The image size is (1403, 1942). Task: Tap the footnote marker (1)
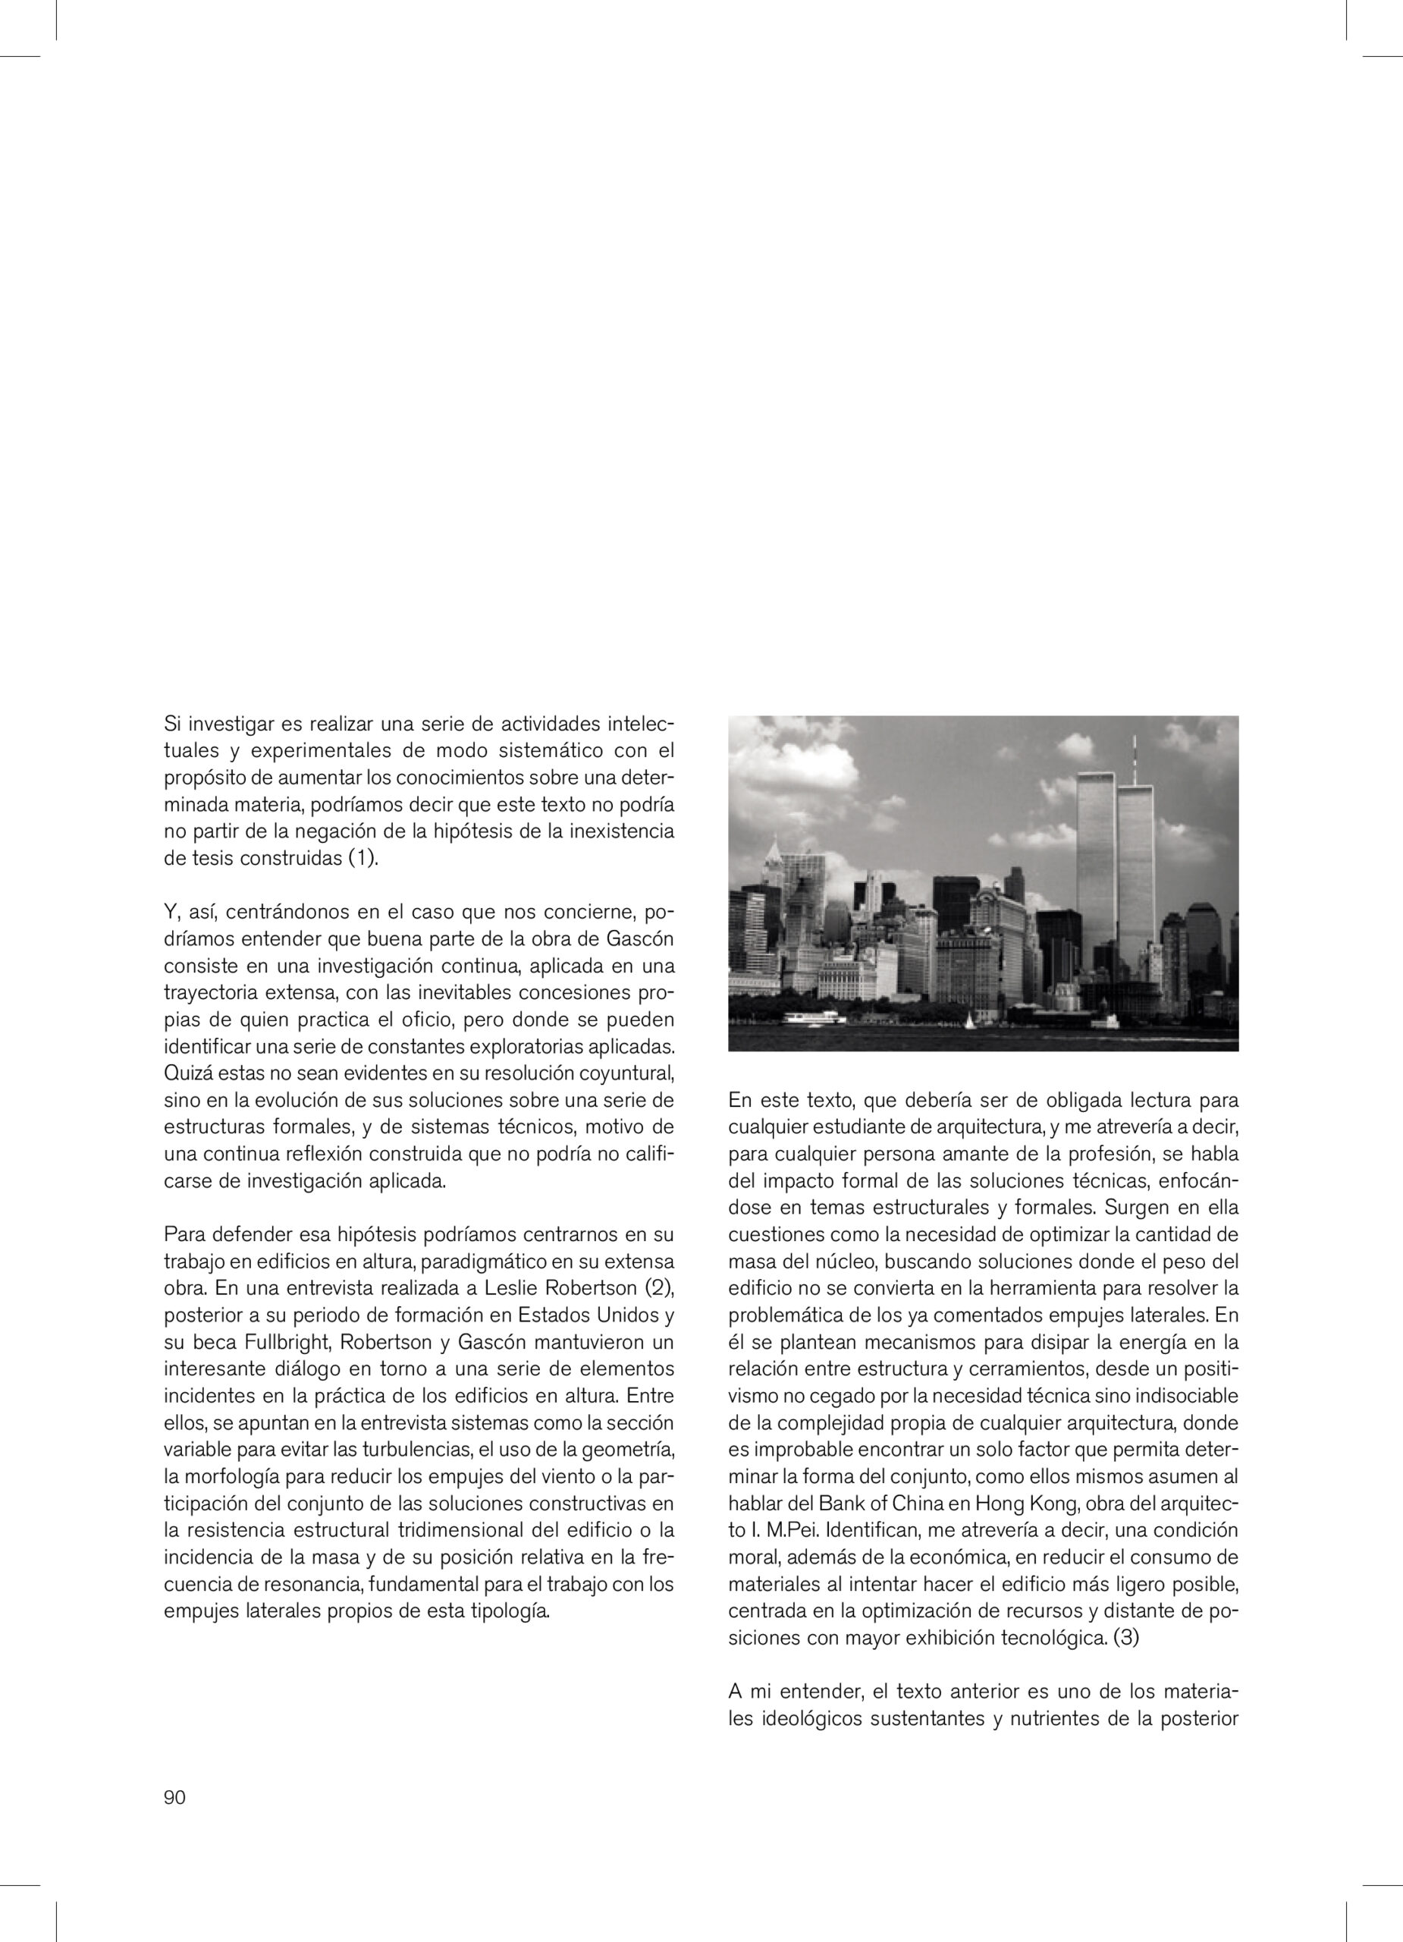tap(361, 859)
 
